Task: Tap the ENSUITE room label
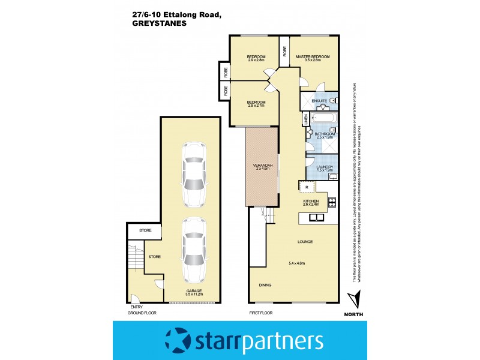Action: tap(319, 100)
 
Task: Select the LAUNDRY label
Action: tap(318, 167)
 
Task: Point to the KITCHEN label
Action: tap(310, 201)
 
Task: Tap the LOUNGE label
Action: tap(305, 242)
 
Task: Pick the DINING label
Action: tap(265, 285)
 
